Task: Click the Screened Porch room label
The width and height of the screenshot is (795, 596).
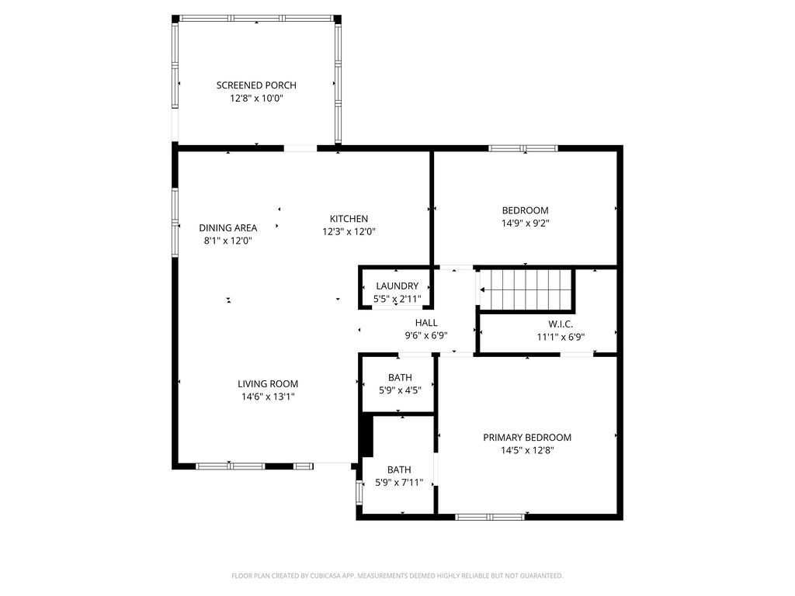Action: click(256, 85)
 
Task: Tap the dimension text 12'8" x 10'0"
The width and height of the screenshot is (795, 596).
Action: click(256, 99)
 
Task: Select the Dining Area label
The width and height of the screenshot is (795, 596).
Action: click(227, 228)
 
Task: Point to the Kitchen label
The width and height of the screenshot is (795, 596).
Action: click(349, 219)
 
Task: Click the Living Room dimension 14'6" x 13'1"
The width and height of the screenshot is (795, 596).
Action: click(268, 397)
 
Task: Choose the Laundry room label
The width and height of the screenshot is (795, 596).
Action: click(397, 286)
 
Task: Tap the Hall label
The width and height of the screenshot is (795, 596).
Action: click(426, 323)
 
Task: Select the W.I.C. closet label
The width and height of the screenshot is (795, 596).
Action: click(561, 324)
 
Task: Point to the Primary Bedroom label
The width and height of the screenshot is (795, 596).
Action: click(527, 438)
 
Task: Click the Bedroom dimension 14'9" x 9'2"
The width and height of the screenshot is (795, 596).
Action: click(525, 223)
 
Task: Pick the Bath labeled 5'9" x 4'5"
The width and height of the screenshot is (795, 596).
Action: click(399, 378)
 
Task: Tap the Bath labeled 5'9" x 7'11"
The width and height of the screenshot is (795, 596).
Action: click(399, 470)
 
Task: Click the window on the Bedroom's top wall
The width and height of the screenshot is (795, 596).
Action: click(522, 147)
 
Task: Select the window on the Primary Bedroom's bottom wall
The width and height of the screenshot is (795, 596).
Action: click(489, 516)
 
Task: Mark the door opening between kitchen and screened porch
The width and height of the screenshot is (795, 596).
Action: click(300, 147)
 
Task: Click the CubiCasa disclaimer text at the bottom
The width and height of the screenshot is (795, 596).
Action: click(397, 576)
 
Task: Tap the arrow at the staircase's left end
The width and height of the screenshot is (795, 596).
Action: click(483, 290)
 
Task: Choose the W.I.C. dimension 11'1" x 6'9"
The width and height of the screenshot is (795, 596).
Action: click(561, 338)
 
